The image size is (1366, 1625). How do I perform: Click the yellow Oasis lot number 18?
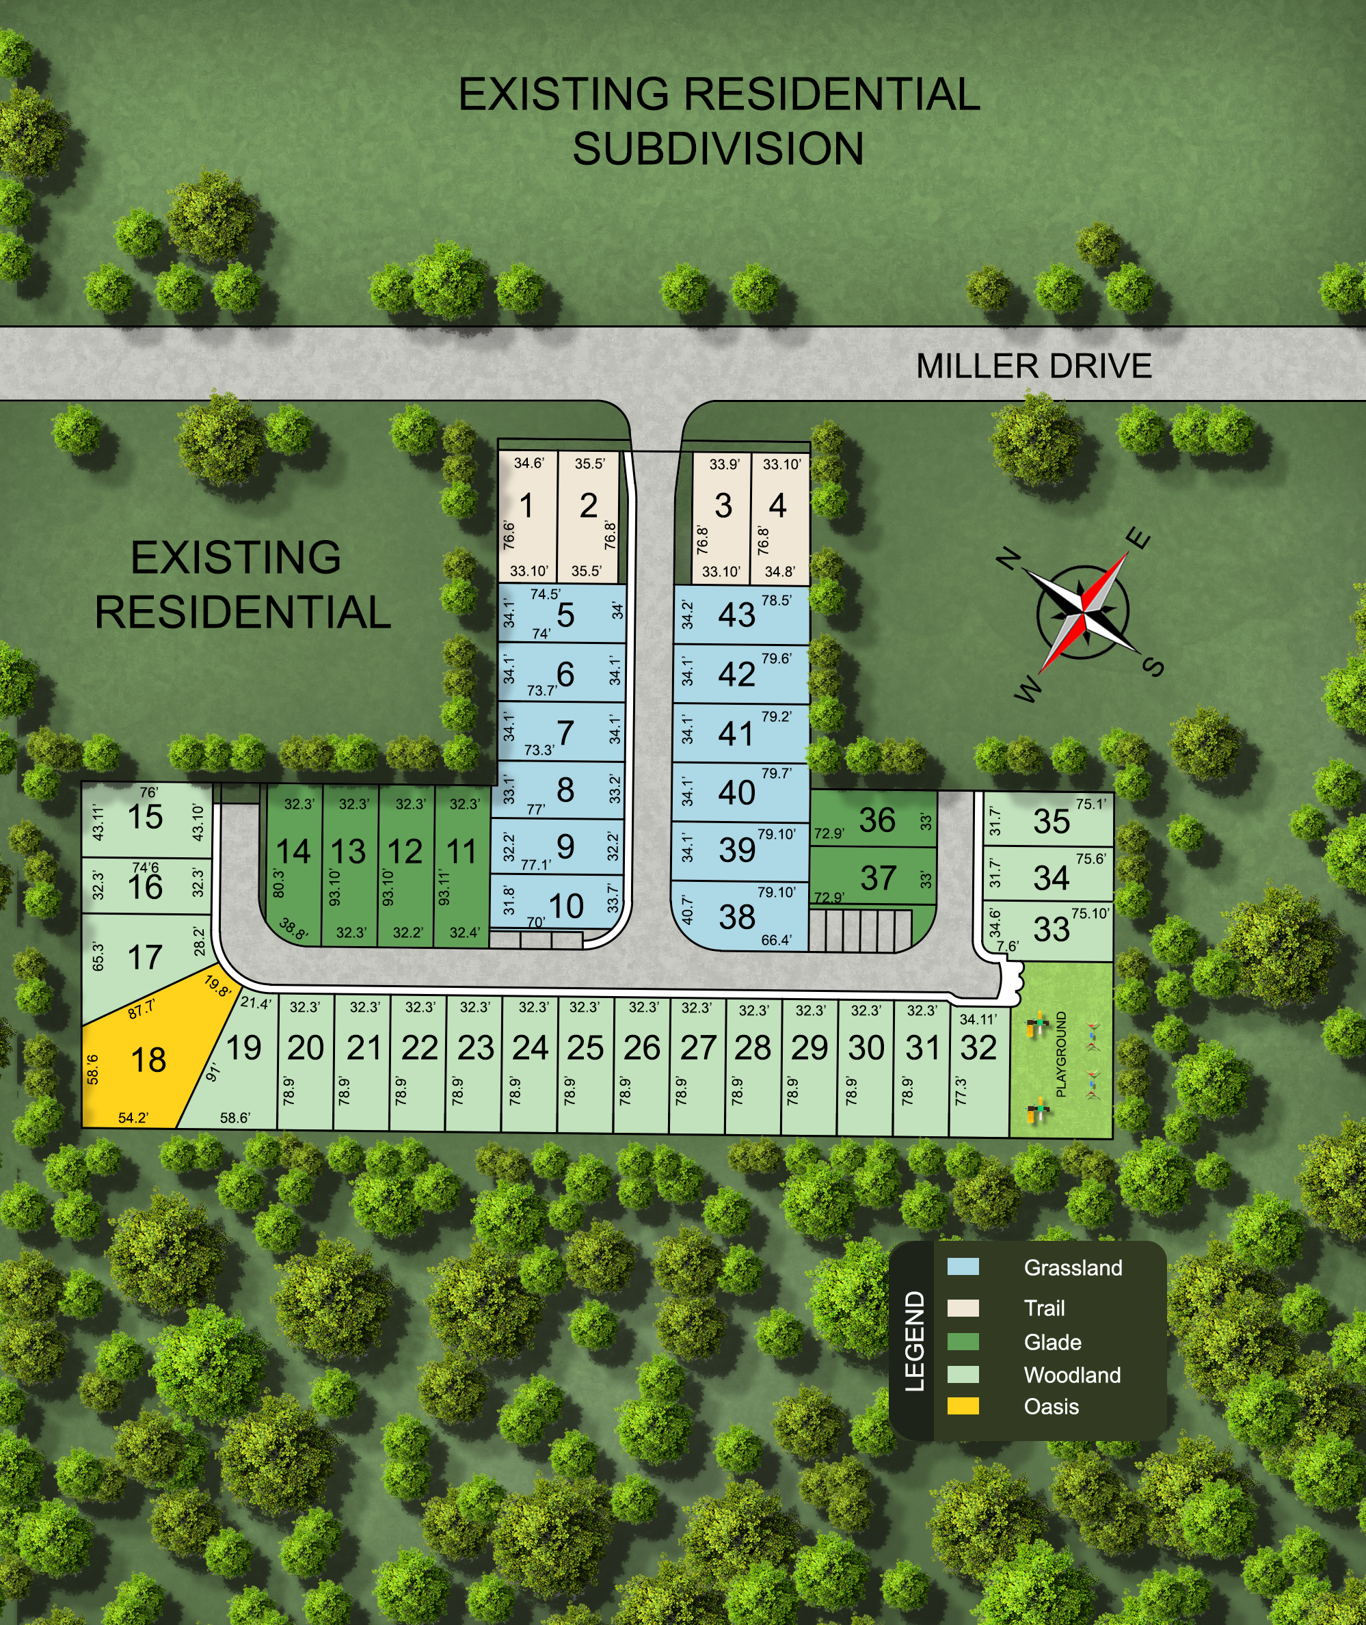click(148, 1060)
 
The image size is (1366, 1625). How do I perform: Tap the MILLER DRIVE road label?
click(1033, 366)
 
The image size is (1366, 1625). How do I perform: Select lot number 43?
click(736, 615)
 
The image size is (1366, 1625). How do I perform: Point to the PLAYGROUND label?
click(1061, 1053)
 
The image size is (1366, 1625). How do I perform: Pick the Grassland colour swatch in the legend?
click(963, 1267)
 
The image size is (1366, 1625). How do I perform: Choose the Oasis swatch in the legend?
click(963, 1406)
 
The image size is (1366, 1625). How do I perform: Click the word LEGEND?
click(915, 1341)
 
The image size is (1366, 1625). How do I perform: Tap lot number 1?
click(526, 507)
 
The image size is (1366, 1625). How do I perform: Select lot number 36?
click(876, 820)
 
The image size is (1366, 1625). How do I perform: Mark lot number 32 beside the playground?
click(978, 1048)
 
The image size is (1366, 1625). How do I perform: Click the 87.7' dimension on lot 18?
click(141, 1010)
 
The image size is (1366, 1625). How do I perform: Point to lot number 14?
click(293, 852)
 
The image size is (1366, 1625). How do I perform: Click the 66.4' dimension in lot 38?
click(776, 940)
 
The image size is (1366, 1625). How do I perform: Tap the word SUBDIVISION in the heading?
click(718, 148)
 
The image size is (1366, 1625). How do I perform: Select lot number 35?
click(1051, 822)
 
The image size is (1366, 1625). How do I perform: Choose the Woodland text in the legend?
click(1072, 1375)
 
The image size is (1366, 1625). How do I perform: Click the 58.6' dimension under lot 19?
click(235, 1118)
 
